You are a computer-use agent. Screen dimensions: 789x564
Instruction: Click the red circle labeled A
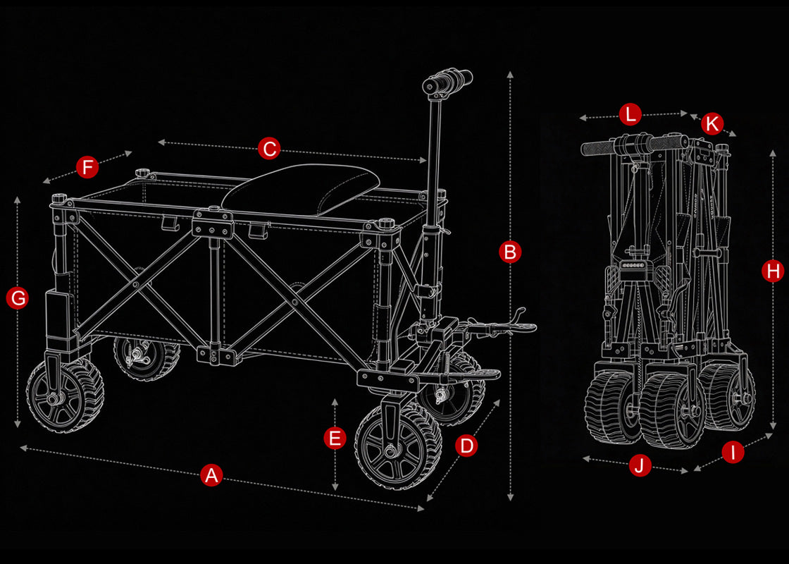(x=211, y=475)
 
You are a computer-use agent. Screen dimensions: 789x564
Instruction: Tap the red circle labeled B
(x=510, y=252)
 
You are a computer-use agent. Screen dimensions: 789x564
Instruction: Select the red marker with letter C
(x=269, y=149)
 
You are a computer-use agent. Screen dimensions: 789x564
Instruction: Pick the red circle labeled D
(x=466, y=446)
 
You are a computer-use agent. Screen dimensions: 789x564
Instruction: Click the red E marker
(x=335, y=438)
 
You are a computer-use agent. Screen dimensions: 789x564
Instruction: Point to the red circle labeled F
(x=87, y=167)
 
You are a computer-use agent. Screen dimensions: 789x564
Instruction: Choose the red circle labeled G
(x=18, y=298)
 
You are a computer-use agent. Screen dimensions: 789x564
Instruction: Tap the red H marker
(x=772, y=271)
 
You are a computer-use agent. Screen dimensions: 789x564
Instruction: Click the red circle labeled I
(x=733, y=452)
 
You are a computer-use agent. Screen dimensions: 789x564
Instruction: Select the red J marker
(x=640, y=465)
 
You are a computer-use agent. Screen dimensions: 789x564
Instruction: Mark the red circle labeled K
(x=712, y=123)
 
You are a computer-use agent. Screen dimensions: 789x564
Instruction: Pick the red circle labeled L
(x=630, y=114)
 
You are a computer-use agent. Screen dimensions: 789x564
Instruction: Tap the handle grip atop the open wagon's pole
(x=448, y=82)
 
